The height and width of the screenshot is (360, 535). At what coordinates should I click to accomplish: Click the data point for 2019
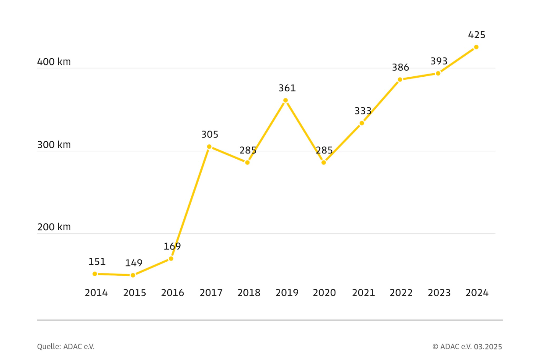pos(285,100)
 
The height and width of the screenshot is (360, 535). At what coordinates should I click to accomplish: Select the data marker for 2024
pos(476,47)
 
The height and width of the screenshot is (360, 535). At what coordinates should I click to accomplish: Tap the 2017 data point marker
pos(209,146)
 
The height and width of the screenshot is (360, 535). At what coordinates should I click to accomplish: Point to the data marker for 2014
pos(95,274)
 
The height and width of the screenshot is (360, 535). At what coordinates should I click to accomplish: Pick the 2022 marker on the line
pos(400,79)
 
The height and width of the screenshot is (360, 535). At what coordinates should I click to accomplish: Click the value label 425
pos(477,35)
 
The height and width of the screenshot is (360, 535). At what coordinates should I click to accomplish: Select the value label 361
pos(287,88)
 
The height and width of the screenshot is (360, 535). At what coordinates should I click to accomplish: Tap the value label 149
pos(134,263)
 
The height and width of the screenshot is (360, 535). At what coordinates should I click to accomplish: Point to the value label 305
pos(210,135)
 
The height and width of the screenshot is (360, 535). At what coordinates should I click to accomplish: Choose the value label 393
pos(439,61)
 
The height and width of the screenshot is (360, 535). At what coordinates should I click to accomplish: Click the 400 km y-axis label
pos(54,62)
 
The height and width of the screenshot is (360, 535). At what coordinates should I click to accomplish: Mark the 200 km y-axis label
pos(54,227)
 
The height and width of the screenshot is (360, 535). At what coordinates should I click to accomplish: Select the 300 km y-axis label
pos(54,145)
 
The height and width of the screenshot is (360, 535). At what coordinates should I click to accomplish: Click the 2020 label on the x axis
pos(325,293)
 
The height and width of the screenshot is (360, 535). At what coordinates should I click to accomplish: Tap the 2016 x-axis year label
pos(173,293)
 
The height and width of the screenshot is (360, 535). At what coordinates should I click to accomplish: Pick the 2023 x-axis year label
pos(439,293)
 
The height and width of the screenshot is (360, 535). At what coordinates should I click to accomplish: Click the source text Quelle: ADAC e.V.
pos(66,346)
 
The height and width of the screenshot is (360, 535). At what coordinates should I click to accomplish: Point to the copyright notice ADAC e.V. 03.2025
pos(467,346)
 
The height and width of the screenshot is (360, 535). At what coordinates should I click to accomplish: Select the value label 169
pos(172,246)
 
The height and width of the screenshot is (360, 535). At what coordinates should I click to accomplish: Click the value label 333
pos(363,111)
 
